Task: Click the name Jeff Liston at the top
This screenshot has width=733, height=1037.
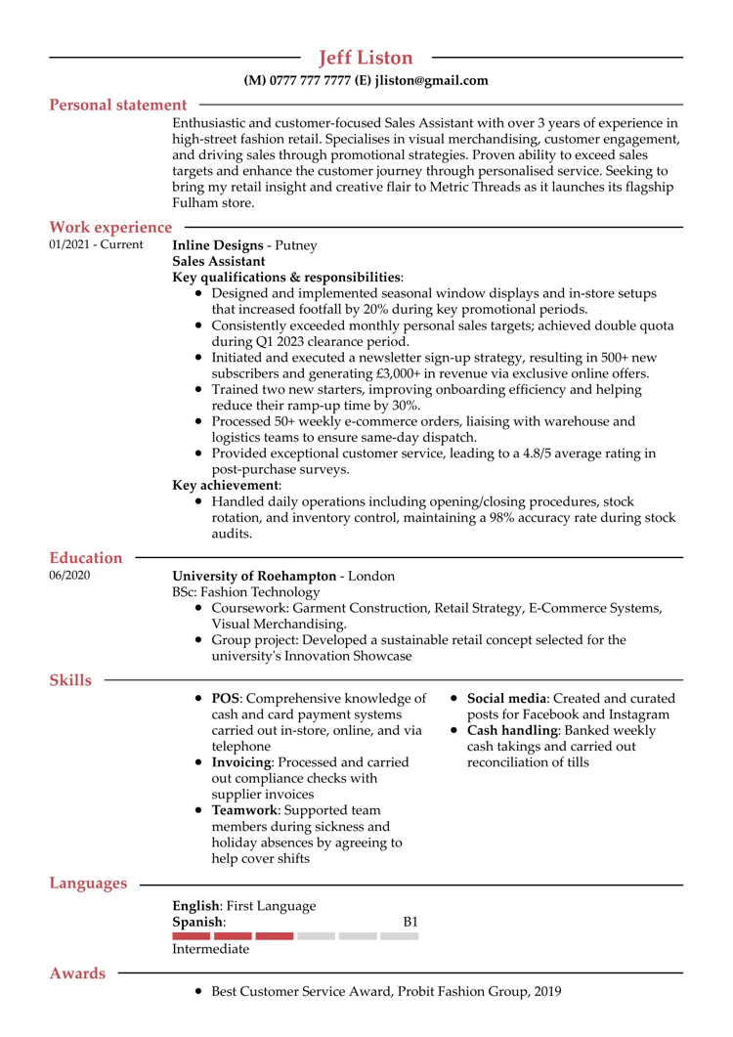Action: click(366, 58)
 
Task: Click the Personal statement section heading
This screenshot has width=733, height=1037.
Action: click(118, 105)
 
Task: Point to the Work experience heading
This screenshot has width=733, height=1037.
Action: click(110, 228)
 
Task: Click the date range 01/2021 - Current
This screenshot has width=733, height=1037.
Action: click(96, 245)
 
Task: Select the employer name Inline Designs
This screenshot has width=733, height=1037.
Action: click(218, 245)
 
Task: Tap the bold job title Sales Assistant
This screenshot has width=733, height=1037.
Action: click(218, 261)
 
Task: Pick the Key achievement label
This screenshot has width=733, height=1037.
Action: click(226, 485)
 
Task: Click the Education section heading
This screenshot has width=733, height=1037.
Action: click(86, 558)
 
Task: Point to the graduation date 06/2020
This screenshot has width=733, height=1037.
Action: click(69, 576)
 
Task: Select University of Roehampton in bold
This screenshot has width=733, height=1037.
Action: click(254, 576)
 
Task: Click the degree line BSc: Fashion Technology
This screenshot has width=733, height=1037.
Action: click(246, 591)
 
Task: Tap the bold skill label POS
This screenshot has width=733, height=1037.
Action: click(226, 698)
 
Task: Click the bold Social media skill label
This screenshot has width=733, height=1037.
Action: click(506, 698)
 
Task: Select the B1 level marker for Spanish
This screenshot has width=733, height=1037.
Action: click(410, 922)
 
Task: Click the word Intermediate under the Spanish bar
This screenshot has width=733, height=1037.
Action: click(210, 949)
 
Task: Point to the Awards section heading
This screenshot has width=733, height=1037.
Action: click(77, 973)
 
